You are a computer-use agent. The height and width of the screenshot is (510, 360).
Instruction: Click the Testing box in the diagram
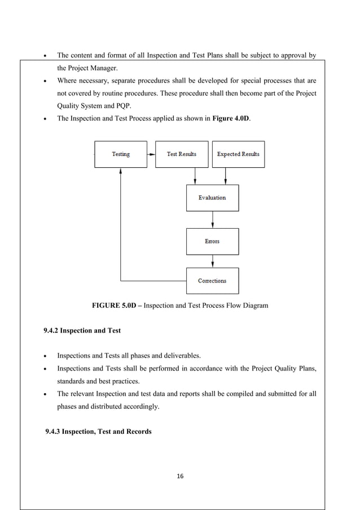[x=120, y=154]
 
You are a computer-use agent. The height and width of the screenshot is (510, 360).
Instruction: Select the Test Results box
[x=182, y=154]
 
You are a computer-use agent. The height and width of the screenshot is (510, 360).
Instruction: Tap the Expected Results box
[x=238, y=154]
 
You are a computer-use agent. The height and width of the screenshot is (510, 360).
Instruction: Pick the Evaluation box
[x=212, y=198]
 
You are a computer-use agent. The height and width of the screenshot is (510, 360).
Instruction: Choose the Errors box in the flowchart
[x=212, y=241]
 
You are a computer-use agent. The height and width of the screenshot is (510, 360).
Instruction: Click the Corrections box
[x=212, y=281]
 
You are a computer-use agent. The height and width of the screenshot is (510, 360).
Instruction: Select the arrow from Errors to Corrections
[x=212, y=261]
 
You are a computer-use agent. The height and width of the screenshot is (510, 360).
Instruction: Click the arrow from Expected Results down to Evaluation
[x=226, y=176]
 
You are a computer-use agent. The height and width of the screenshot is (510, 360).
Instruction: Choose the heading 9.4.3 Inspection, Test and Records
[x=98, y=432]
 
